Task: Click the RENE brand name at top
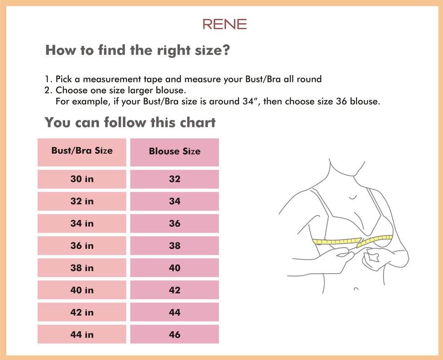pos(224,24)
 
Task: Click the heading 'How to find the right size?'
pos(138,50)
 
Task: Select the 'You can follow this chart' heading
pos(130,122)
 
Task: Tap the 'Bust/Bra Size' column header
pos(82,151)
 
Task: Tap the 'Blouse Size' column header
pos(175,152)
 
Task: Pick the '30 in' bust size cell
pos(82,179)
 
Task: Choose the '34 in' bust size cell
pos(82,223)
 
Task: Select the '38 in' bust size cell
pos(82,268)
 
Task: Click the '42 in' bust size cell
pos(82,312)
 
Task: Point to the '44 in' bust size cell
pos(82,334)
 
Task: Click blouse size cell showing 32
pos(175,179)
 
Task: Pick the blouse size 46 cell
pos(175,334)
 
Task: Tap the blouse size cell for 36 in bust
pos(175,246)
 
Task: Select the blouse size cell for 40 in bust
pos(175,290)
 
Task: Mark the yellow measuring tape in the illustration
pos(337,241)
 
